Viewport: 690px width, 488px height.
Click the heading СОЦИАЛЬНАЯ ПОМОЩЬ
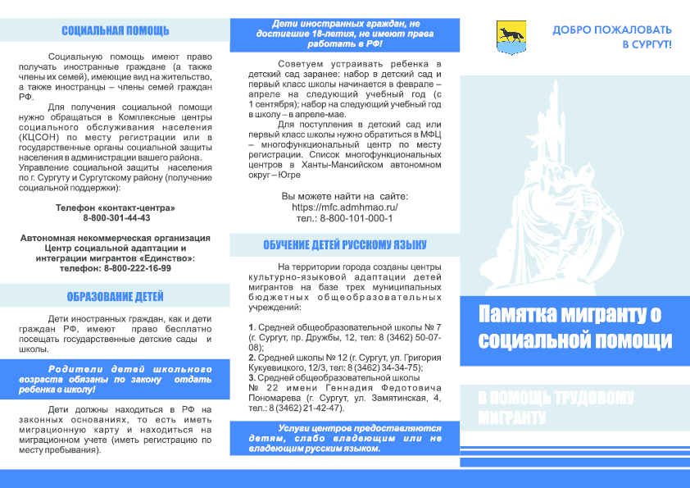coord(115,31)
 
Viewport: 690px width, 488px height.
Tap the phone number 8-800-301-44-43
coord(116,218)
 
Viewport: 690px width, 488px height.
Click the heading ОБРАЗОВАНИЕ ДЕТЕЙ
coord(115,297)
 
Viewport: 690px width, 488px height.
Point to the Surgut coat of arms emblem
coord(507,35)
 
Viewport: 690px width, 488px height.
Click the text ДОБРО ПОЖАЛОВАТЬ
coord(611,30)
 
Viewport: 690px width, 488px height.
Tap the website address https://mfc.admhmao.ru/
coord(344,208)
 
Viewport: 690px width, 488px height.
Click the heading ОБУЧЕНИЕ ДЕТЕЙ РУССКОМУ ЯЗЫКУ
coord(344,244)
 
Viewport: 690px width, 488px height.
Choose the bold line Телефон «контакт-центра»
coord(115,208)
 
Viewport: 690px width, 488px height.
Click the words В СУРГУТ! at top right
coord(647,44)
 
